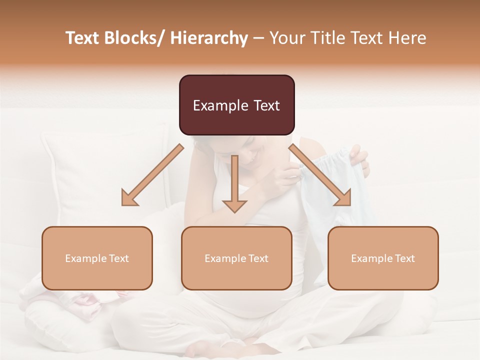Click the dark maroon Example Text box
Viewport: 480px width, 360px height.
236,105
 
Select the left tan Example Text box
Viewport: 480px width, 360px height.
97,258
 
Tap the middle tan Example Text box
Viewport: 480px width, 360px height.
236,258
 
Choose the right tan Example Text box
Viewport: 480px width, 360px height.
383,258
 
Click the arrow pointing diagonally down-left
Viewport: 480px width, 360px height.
152,175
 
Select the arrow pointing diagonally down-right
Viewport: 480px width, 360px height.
320,175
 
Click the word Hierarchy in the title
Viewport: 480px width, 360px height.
209,38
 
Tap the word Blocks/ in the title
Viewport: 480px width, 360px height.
137,38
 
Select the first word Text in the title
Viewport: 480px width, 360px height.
82,38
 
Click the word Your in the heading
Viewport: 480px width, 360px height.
285,38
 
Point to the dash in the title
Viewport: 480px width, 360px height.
258,38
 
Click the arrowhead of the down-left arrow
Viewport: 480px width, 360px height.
128,198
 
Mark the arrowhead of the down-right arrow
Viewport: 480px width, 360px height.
343,198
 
